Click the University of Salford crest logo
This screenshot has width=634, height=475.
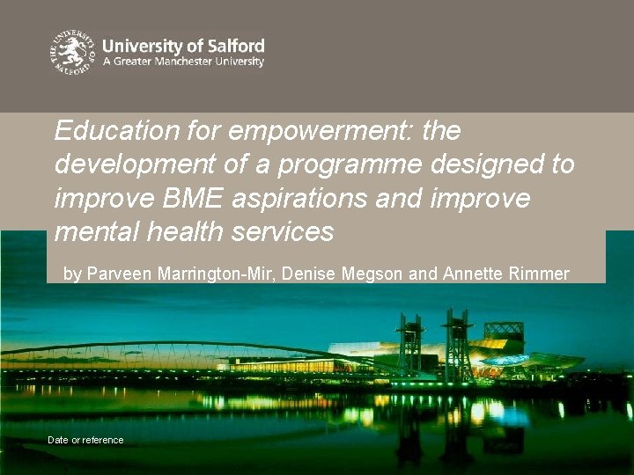[71, 53]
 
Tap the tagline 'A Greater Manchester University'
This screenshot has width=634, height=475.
[183, 62]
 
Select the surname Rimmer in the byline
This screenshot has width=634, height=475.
[539, 274]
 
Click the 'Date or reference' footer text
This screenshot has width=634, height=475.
[85, 440]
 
